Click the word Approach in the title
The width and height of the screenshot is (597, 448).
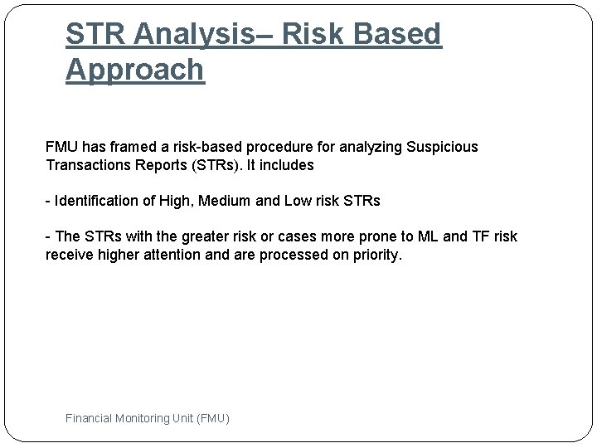pyautogui.click(x=134, y=71)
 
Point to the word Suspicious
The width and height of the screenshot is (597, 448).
pyautogui.click(x=441, y=147)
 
